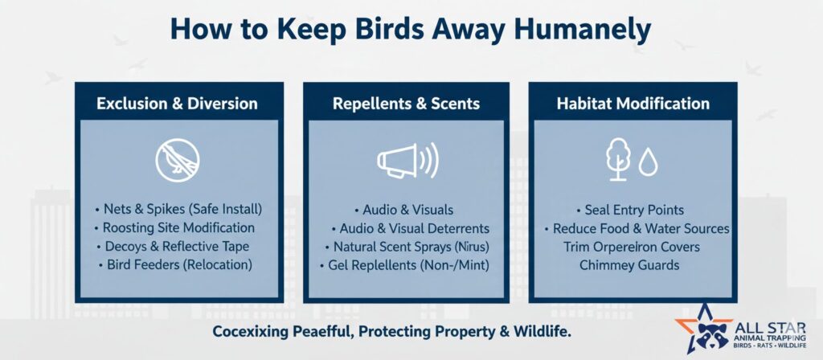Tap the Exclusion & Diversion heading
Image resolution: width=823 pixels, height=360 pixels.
tap(178, 104)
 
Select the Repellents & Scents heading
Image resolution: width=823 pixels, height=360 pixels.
tap(406, 104)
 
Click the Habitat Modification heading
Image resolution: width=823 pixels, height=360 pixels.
tap(633, 104)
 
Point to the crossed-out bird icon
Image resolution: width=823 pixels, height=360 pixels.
tap(178, 160)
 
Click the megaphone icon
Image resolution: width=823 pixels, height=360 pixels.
tap(407, 160)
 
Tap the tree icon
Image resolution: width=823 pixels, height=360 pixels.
tap(618, 159)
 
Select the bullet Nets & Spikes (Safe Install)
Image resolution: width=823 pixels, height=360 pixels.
tap(178, 210)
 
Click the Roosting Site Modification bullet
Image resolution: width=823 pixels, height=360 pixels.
tap(174, 227)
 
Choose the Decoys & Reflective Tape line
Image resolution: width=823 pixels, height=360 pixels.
tap(174, 246)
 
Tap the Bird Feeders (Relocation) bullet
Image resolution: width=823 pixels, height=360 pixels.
tap(176, 264)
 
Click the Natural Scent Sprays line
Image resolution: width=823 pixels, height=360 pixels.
tap(407, 247)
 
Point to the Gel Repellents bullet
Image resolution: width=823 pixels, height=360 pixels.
tap(405, 265)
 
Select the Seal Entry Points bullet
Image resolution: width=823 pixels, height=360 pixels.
tap(630, 210)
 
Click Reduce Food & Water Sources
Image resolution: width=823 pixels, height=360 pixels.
tap(637, 228)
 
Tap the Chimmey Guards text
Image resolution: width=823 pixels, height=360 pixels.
tap(629, 265)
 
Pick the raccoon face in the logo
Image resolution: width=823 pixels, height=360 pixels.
tap(712, 333)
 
